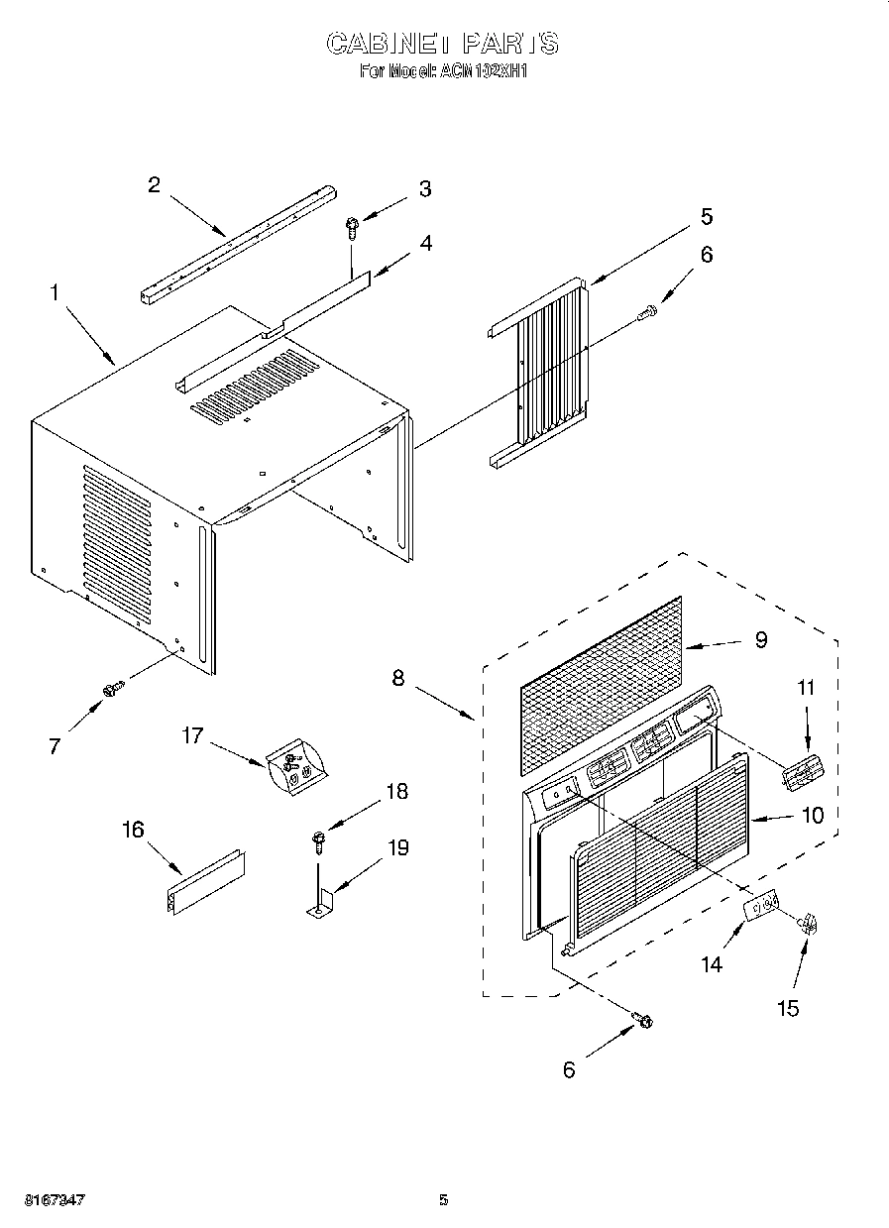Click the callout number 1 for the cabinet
(x=56, y=293)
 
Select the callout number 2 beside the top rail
(x=154, y=184)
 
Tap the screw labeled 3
(x=352, y=228)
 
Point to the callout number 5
(x=706, y=216)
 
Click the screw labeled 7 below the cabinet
(x=111, y=686)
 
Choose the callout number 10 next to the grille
(x=812, y=816)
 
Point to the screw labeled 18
(x=317, y=841)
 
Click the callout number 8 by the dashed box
(x=398, y=678)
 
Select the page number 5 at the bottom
(x=443, y=1199)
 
